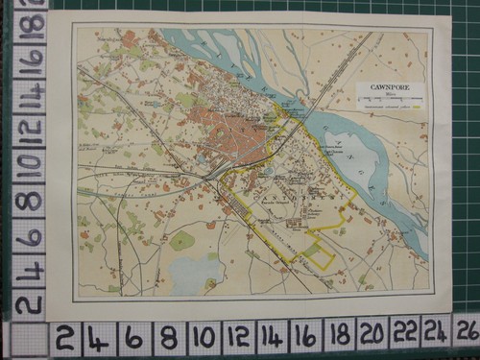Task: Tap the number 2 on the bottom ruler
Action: [64, 337]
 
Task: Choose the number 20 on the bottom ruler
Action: [373, 336]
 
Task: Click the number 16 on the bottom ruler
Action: [305, 337]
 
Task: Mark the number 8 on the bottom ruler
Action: [168, 337]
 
